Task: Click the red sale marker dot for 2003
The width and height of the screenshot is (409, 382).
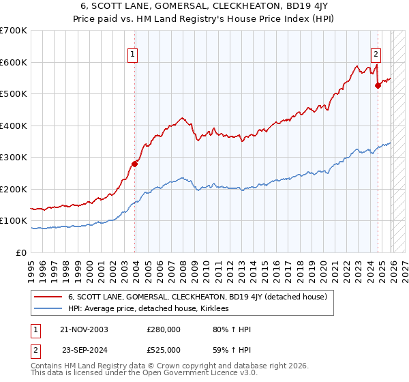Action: point(135,164)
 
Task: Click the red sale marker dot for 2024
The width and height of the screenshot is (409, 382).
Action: point(378,86)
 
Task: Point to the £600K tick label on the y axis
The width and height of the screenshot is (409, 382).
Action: point(13,62)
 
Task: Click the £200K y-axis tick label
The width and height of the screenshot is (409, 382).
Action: point(13,189)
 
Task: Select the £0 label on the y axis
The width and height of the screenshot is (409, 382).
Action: point(22,252)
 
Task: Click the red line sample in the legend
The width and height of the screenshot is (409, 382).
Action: point(48,297)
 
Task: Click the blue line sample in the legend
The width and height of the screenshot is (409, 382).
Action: point(48,309)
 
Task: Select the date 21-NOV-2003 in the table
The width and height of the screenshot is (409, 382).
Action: point(85,329)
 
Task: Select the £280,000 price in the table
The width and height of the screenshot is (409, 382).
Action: point(164,329)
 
